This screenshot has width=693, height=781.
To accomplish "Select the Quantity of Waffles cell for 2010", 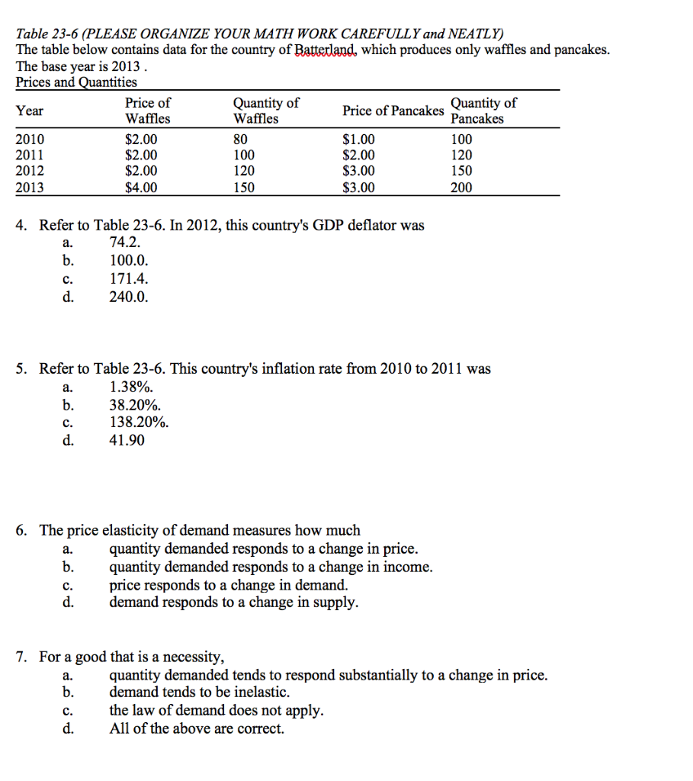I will [241, 140].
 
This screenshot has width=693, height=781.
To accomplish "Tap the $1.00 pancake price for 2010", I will [359, 140].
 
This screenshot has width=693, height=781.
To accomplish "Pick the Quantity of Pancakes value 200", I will [461, 187].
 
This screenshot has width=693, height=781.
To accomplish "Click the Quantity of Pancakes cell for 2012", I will [461, 171].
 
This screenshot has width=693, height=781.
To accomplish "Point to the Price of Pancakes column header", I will [393, 111].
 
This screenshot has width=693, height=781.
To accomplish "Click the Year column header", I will [30, 111].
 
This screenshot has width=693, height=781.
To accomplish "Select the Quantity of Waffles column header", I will [266, 111].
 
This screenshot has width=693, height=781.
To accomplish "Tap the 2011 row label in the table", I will [30, 156].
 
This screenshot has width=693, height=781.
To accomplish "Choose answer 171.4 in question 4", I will [125, 279].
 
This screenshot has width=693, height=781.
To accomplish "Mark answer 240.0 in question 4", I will [129, 297].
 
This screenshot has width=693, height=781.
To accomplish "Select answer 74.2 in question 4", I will [125, 243].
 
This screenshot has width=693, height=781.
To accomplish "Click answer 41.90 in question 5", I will [127, 440].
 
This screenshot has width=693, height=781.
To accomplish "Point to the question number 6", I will [23, 530].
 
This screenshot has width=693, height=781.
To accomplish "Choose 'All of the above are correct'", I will [197, 728].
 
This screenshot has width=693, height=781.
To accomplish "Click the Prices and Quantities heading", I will [77, 82].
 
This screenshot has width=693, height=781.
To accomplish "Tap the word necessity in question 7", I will [196, 657].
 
